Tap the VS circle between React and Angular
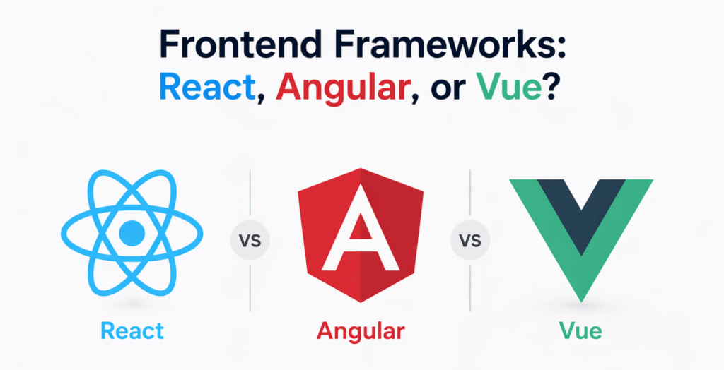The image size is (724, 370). pyautogui.click(x=250, y=241)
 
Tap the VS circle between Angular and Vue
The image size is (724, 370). pyautogui.click(x=470, y=241)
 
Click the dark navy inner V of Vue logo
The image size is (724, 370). pyautogui.click(x=580, y=212)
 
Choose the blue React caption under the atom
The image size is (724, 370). pyautogui.click(x=132, y=330)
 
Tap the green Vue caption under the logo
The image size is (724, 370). pyautogui.click(x=580, y=330)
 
